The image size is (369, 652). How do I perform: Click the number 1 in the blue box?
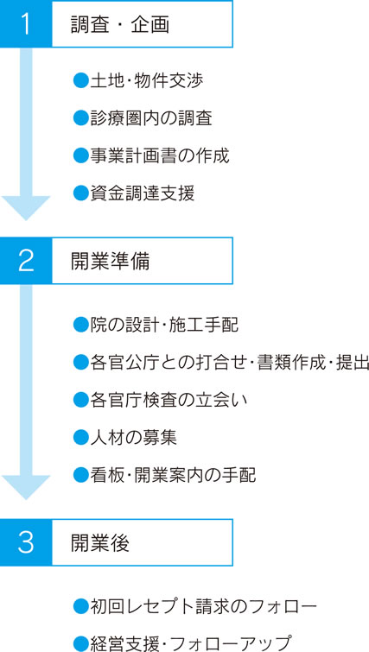(26, 24)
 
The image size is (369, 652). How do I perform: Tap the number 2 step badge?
(26, 261)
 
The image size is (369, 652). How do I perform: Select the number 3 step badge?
(26, 542)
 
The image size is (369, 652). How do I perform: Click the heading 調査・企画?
(120, 25)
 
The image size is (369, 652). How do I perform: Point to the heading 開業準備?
(110, 261)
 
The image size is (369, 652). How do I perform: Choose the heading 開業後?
(100, 542)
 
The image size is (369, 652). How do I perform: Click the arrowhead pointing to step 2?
(26, 208)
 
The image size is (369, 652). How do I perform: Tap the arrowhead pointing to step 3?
(26, 488)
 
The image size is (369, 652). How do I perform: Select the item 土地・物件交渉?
(146, 80)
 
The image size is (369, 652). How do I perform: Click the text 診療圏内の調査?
(151, 118)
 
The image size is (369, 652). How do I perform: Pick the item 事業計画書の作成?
(160, 156)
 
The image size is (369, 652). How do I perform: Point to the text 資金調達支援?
(143, 193)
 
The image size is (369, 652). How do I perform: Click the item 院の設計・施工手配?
(164, 325)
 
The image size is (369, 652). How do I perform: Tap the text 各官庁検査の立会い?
(169, 400)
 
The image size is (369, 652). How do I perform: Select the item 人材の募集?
(134, 438)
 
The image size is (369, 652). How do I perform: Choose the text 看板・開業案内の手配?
(173, 475)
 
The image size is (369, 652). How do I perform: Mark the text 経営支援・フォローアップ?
(190, 643)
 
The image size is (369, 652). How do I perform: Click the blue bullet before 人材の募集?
(80, 438)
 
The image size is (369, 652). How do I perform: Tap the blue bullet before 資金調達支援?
(80, 193)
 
